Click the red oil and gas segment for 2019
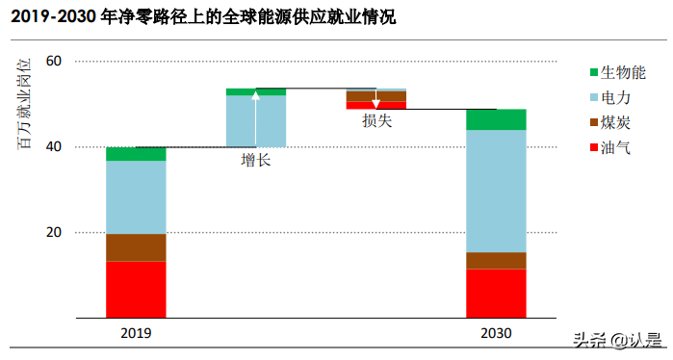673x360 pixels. (136, 289)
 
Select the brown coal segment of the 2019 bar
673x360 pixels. (136, 247)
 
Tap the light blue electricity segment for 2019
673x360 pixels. (136, 197)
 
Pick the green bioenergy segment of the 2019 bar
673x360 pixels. (136, 154)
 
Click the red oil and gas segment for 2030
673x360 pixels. (496, 293)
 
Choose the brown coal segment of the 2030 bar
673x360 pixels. (496, 260)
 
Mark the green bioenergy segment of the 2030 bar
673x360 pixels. (496, 119)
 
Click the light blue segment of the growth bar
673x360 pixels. (255, 121)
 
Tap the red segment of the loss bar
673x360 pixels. (375, 106)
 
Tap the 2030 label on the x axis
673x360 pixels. (496, 333)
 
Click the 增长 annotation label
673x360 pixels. (255, 160)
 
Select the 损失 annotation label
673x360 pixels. (376, 120)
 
